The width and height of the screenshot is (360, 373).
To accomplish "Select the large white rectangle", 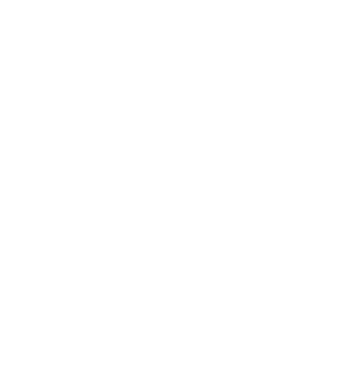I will point(340,256).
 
